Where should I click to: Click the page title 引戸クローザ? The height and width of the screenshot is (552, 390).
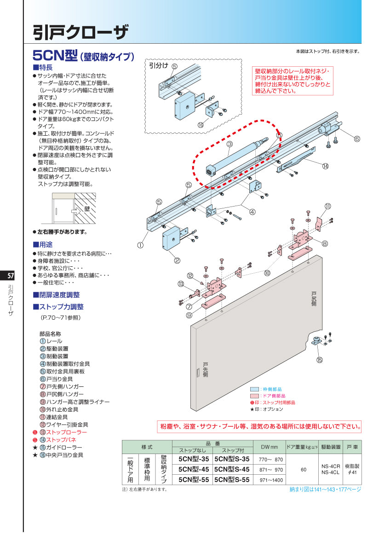(x=80, y=32)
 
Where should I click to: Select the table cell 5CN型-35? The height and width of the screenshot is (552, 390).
(x=193, y=459)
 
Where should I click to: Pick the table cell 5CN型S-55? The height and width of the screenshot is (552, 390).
(x=232, y=479)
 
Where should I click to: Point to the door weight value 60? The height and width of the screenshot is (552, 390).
(x=303, y=470)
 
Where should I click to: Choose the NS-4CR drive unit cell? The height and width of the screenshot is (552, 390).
(x=331, y=466)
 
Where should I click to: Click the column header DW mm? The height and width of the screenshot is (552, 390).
(x=269, y=447)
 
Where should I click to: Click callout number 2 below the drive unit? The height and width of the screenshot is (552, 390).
(x=177, y=260)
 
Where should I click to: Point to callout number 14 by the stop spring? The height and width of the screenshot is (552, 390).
(x=325, y=166)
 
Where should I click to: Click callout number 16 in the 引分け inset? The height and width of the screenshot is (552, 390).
(x=201, y=125)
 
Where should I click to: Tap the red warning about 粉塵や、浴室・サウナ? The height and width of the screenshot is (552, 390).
(x=259, y=426)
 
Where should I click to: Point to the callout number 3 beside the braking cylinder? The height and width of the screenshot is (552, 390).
(x=228, y=144)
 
